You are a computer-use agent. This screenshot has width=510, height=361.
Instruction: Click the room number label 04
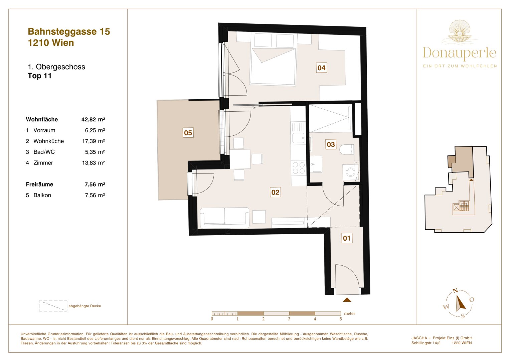point(321,68)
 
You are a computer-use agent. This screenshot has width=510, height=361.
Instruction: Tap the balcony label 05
point(188,133)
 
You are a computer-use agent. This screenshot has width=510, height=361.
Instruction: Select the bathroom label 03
point(331,144)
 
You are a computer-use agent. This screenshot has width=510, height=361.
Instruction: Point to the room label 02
point(275,192)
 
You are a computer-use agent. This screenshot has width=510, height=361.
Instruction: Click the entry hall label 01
point(347,238)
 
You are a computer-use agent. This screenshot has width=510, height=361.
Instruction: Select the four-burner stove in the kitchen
point(299,168)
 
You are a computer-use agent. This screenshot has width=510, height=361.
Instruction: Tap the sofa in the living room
point(224,217)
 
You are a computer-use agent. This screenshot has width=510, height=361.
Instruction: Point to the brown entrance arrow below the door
point(347,300)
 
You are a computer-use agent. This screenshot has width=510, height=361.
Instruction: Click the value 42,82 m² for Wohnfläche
point(93,119)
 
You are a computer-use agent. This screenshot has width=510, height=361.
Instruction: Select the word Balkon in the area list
point(42,195)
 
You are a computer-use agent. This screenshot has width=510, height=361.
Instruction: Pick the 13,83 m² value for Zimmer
point(95,163)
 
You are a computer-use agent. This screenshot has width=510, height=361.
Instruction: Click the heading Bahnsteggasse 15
point(69,31)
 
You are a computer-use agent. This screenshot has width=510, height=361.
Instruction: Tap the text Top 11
point(39,76)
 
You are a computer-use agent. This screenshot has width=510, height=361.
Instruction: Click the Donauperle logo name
point(459,53)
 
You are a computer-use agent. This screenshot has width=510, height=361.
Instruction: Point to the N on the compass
point(455,291)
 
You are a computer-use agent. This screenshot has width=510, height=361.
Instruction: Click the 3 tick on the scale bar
point(289,319)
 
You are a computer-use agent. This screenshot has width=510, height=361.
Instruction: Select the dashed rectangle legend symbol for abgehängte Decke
point(53,306)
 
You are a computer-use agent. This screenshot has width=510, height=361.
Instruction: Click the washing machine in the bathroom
point(350,172)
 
